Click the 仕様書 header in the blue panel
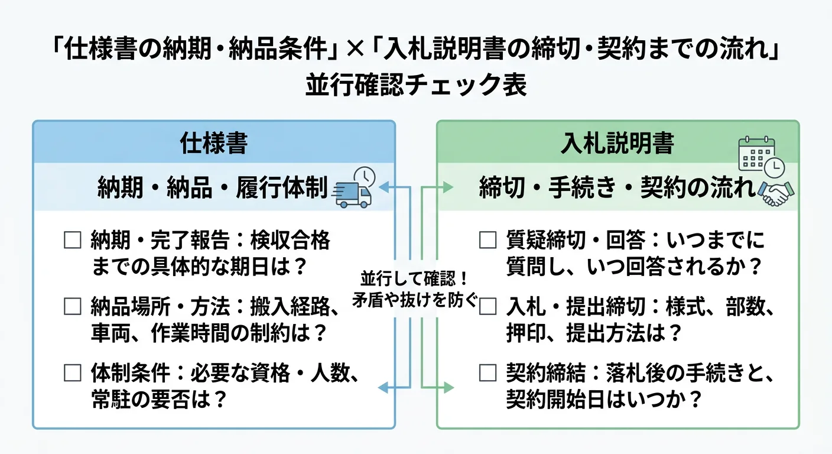click(x=213, y=144)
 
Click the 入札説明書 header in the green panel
click(x=617, y=144)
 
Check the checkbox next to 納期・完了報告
click(x=72, y=241)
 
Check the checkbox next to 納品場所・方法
click(x=72, y=307)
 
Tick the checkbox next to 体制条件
click(x=72, y=373)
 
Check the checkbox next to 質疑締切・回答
click(x=487, y=241)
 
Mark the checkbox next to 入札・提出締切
click(x=487, y=307)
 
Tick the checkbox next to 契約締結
click(x=487, y=373)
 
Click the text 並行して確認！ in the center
click(x=414, y=277)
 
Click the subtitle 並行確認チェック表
click(x=416, y=86)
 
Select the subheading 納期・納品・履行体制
click(x=212, y=189)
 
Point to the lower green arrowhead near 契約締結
click(x=448, y=388)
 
